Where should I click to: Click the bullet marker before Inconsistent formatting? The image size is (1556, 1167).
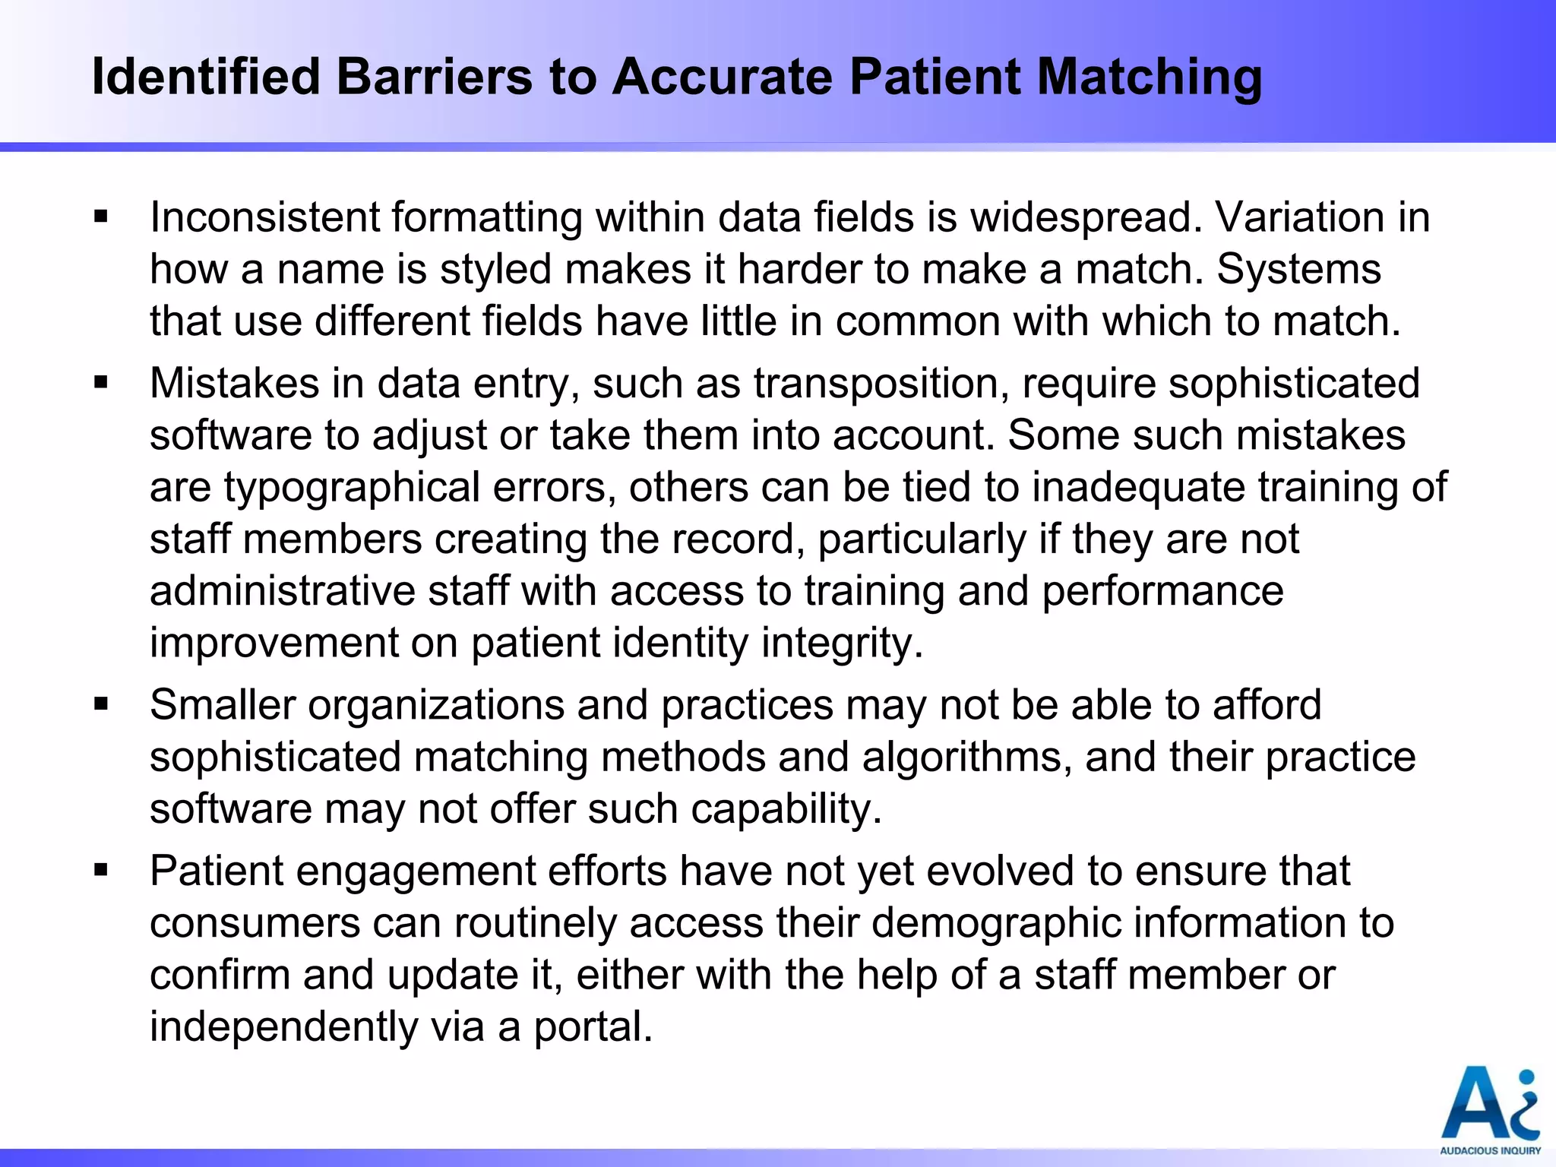(x=101, y=218)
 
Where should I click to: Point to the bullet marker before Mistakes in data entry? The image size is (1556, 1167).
(x=101, y=384)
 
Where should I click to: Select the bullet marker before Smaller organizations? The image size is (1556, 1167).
(x=101, y=706)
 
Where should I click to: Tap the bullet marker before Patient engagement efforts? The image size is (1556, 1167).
(x=101, y=871)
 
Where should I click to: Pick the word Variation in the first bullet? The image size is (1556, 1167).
(x=1301, y=218)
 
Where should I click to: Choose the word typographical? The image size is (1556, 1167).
(x=352, y=488)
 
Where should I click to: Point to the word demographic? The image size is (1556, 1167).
(x=996, y=924)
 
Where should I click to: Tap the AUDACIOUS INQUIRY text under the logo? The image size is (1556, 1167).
(x=1490, y=1150)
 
